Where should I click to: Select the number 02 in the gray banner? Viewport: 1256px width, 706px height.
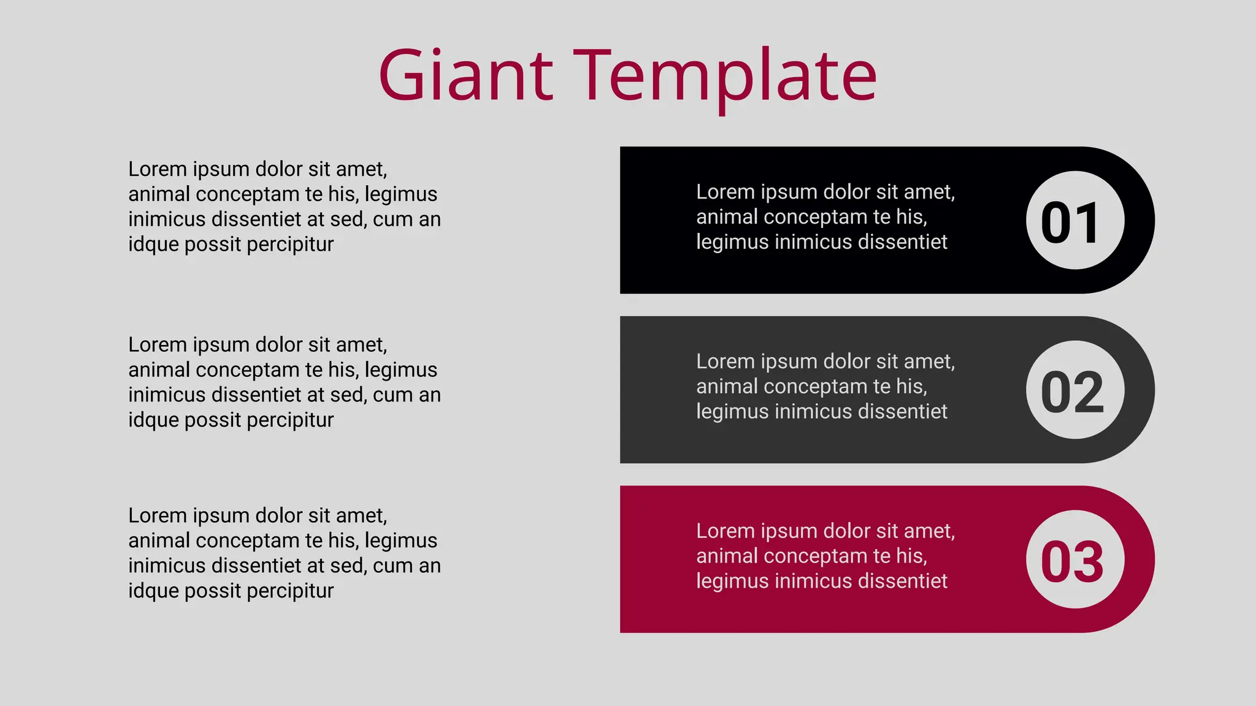coord(1072,392)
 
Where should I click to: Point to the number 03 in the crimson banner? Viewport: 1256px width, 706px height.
coord(1072,561)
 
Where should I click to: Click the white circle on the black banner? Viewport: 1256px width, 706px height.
coord(1075,184)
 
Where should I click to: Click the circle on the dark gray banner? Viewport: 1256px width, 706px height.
coord(1075,354)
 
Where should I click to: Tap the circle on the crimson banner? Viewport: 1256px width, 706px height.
coord(1075,523)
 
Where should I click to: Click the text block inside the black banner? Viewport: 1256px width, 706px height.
coord(825,217)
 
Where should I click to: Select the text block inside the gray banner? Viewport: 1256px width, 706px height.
coord(825,387)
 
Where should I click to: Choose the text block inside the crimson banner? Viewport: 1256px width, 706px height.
coord(825,556)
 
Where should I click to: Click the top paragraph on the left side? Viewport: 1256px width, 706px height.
coord(284,207)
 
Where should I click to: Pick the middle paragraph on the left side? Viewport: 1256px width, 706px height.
coord(284,382)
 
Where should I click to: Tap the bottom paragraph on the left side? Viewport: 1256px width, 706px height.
coord(284,553)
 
